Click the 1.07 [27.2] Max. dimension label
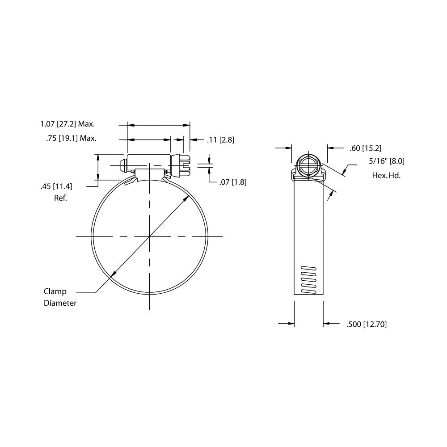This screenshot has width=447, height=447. pos(68,124)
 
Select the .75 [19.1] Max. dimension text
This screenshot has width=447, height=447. pos(71,139)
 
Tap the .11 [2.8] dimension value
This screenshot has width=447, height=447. pos(220,140)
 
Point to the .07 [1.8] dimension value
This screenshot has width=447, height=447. pos(233,182)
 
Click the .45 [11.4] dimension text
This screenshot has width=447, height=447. pos(56,186)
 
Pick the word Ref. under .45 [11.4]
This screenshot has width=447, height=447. pos(60,198)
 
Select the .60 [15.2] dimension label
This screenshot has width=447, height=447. pos(365,148)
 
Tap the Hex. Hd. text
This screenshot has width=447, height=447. pos(386,175)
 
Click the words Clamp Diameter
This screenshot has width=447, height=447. pos(60,297)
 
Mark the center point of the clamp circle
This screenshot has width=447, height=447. pos(149,236)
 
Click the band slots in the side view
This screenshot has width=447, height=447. pos(308,280)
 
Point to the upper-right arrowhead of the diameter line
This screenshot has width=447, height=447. pos(185,200)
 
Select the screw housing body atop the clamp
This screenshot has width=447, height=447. pos(149,160)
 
